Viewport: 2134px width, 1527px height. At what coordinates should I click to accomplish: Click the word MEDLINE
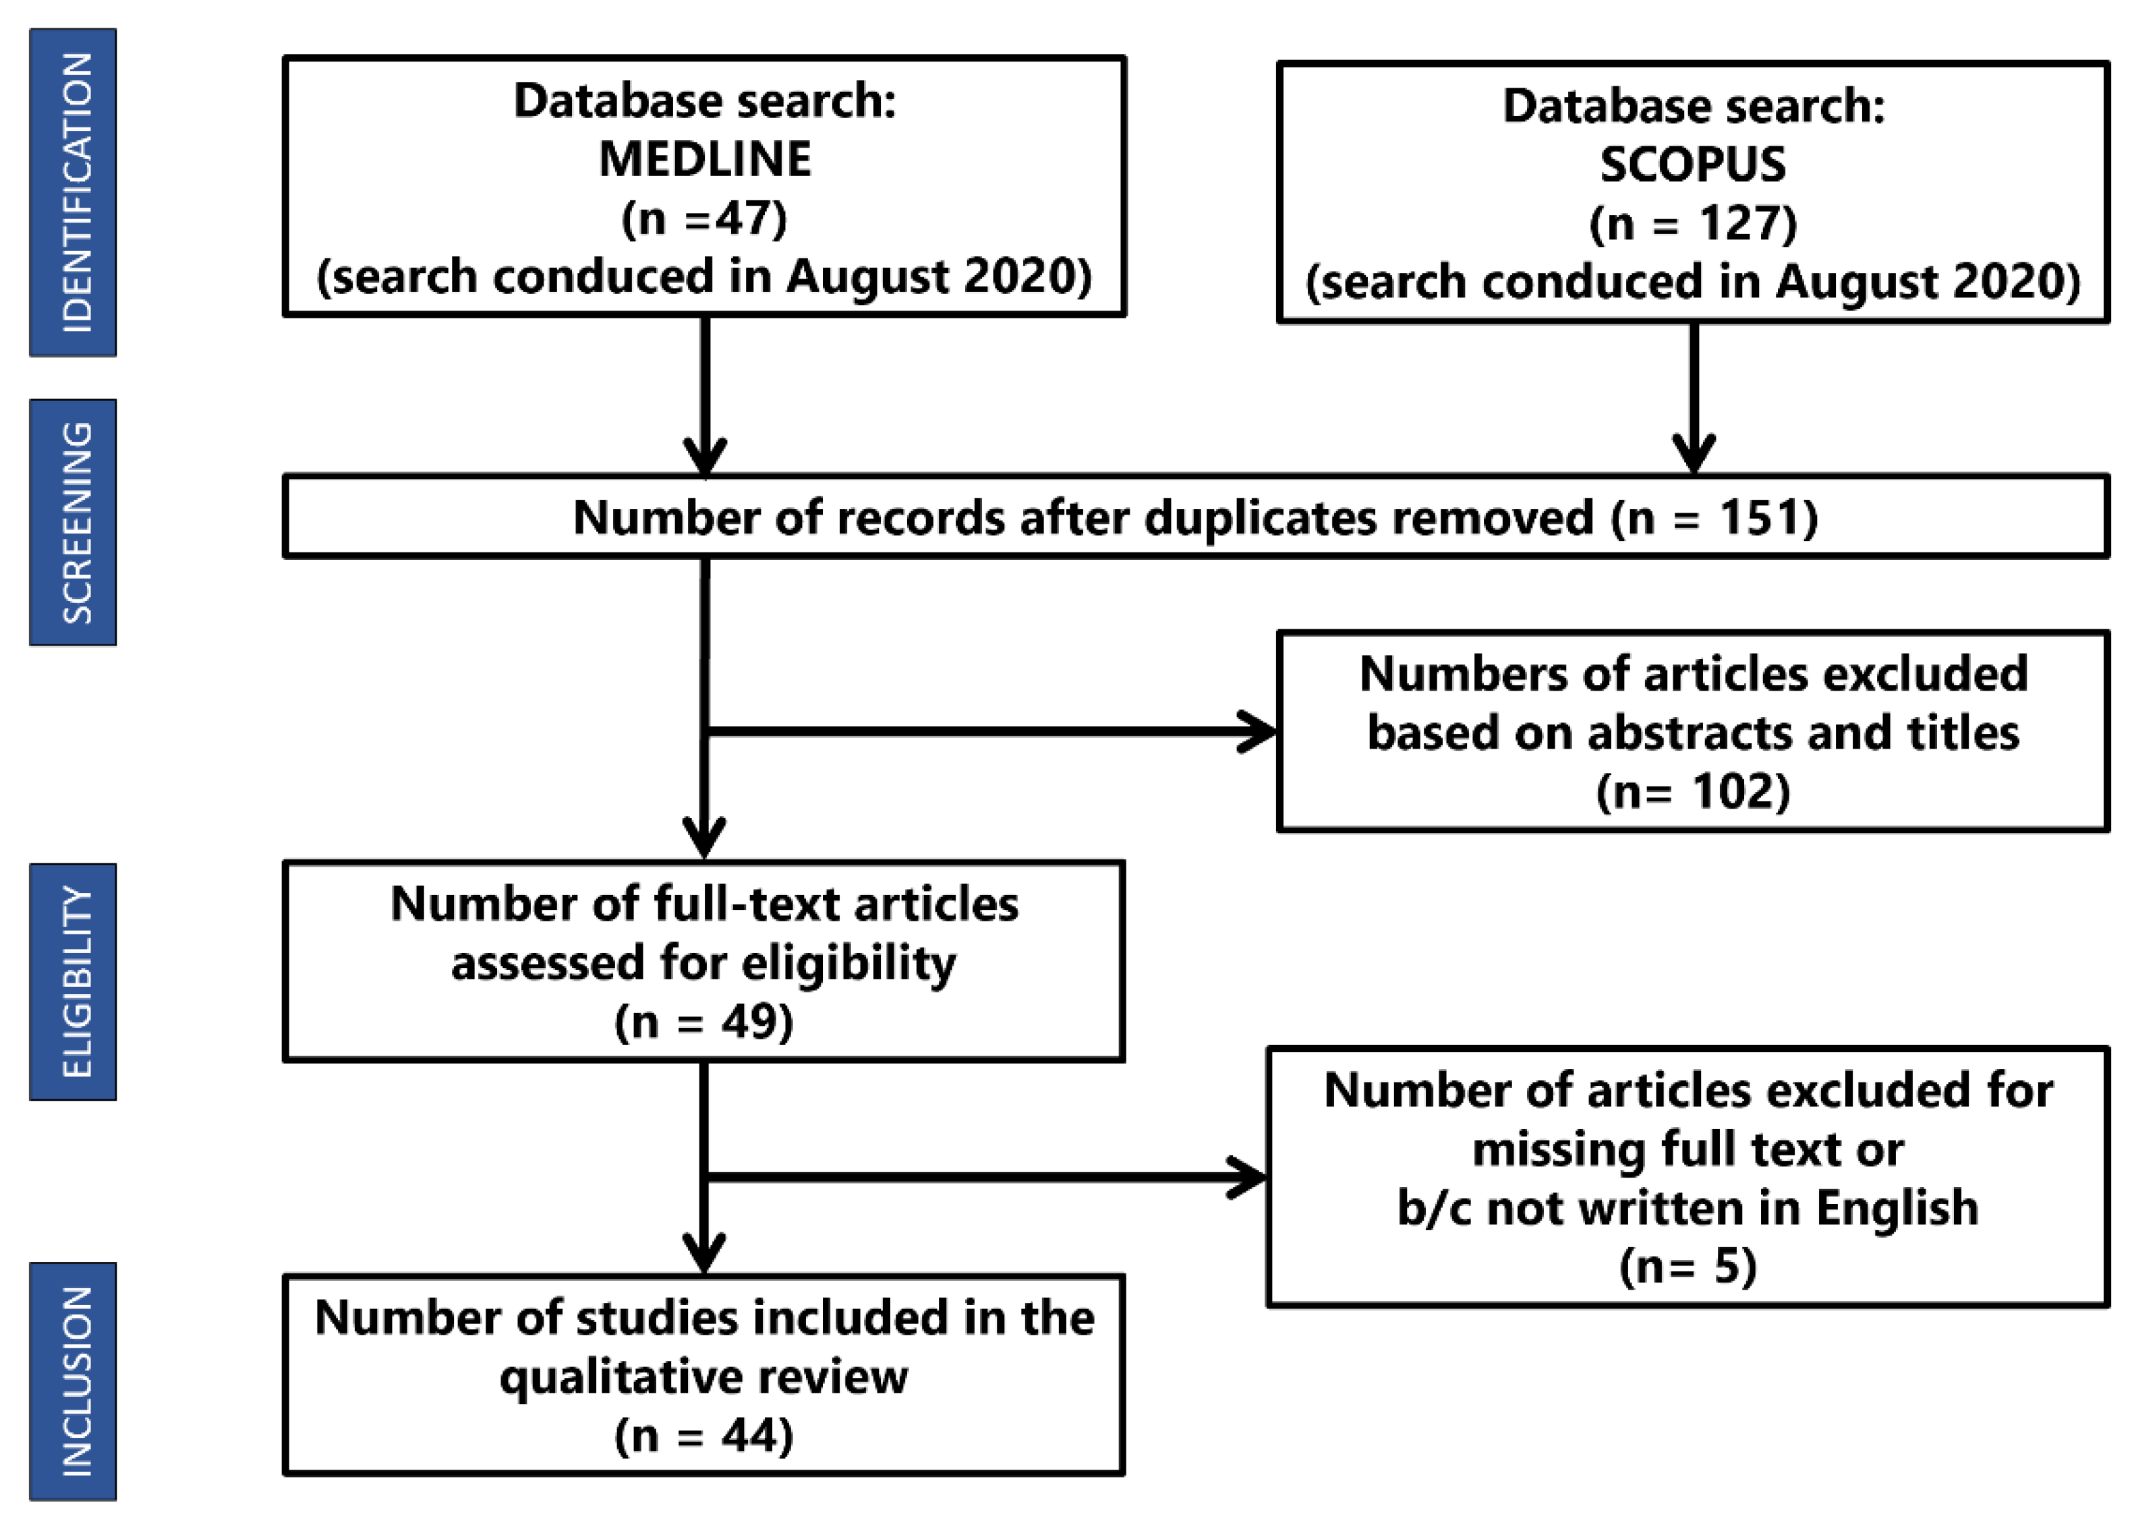(704, 159)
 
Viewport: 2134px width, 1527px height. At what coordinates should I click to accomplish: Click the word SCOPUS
(1692, 165)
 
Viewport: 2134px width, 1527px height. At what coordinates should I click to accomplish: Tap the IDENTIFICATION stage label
(74, 193)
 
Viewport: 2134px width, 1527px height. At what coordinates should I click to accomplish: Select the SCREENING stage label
(74, 522)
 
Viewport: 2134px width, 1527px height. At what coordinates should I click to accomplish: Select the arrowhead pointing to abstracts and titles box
(1258, 732)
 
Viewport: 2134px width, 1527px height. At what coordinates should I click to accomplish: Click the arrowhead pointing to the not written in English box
(1248, 1177)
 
